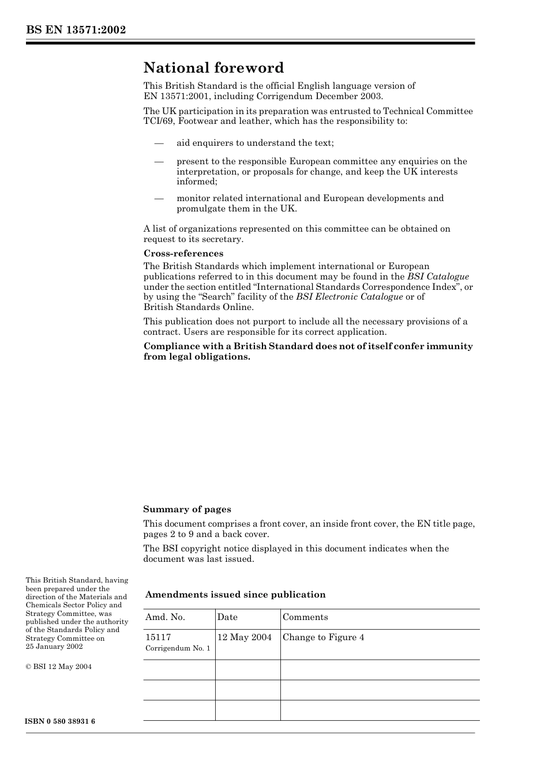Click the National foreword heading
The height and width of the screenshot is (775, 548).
point(213,68)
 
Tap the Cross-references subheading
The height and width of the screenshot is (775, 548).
point(183,254)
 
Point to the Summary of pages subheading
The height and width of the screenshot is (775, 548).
point(187,509)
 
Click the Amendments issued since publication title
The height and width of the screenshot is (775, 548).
point(235,595)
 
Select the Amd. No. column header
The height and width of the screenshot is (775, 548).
point(165,617)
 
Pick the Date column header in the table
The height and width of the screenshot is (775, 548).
point(227,617)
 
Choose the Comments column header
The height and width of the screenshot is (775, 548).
point(305,617)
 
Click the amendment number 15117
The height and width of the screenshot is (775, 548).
point(158,637)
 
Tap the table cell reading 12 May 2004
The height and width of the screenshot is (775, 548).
point(245,637)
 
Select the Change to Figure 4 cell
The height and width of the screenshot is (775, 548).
point(323,637)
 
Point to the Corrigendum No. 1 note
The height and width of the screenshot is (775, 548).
point(178,648)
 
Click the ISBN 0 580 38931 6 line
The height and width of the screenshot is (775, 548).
point(61,721)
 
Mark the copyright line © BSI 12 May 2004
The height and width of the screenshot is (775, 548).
point(59,667)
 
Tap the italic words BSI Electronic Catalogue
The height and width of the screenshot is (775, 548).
point(349,297)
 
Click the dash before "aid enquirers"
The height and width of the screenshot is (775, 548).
point(159,143)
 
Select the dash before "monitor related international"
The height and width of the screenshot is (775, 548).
point(159,198)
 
